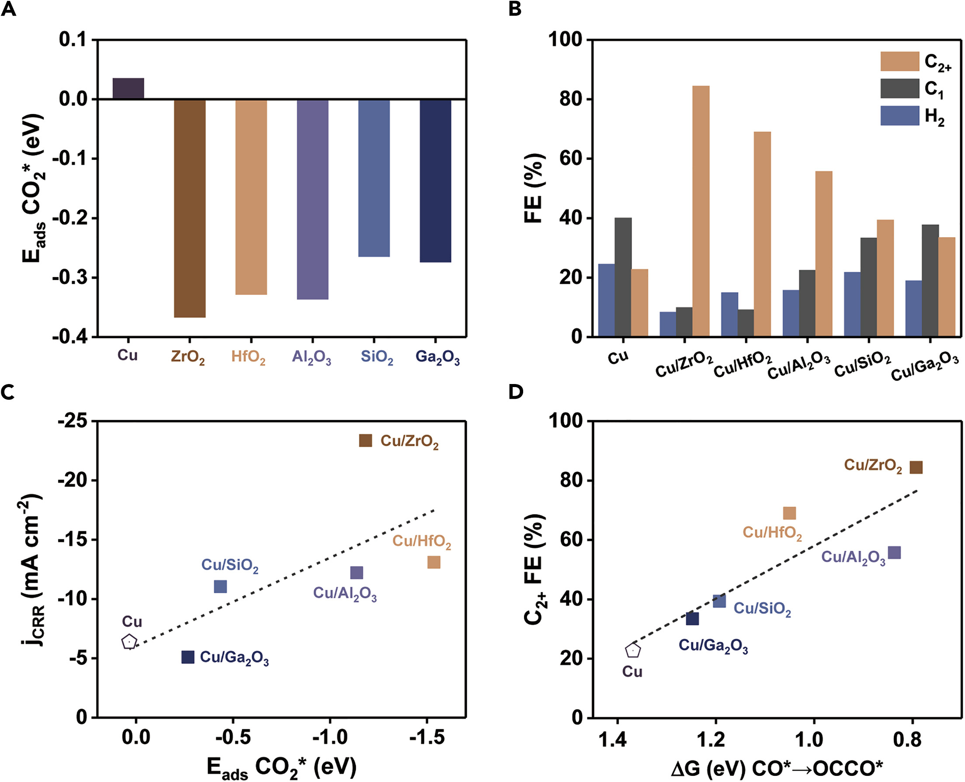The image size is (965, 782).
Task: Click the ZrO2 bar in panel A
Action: tap(190, 208)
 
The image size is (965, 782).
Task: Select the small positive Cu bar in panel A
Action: tap(128, 88)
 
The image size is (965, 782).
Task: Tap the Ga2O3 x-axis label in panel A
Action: tap(437, 357)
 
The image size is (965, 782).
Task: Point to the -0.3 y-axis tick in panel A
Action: tap(72, 277)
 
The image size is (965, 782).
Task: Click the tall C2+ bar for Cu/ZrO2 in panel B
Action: tap(701, 211)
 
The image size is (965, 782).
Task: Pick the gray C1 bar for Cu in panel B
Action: tap(623, 277)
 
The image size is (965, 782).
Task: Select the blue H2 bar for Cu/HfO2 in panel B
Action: tap(729, 315)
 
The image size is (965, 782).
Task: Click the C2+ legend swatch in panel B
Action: tap(900, 61)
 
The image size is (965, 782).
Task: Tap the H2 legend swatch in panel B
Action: tap(900, 116)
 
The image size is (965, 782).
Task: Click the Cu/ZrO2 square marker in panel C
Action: tap(365, 440)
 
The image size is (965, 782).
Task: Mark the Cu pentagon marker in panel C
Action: tap(129, 642)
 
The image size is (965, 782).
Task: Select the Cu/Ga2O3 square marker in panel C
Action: tap(188, 657)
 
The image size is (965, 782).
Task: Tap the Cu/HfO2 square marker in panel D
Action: tap(789, 513)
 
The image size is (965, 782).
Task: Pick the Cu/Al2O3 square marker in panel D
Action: tap(894, 553)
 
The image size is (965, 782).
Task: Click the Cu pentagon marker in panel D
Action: tap(633, 651)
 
